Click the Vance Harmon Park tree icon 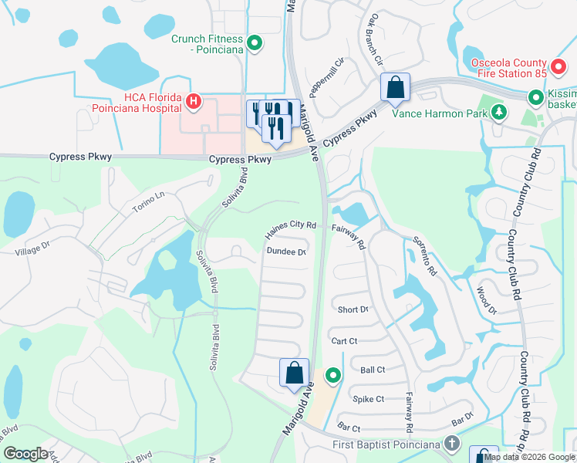[x=499, y=113]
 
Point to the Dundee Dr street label [x=286, y=252]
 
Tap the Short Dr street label [x=353, y=309]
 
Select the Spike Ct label [x=368, y=399]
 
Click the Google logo [x=25, y=454]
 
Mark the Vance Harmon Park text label [x=440, y=113]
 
